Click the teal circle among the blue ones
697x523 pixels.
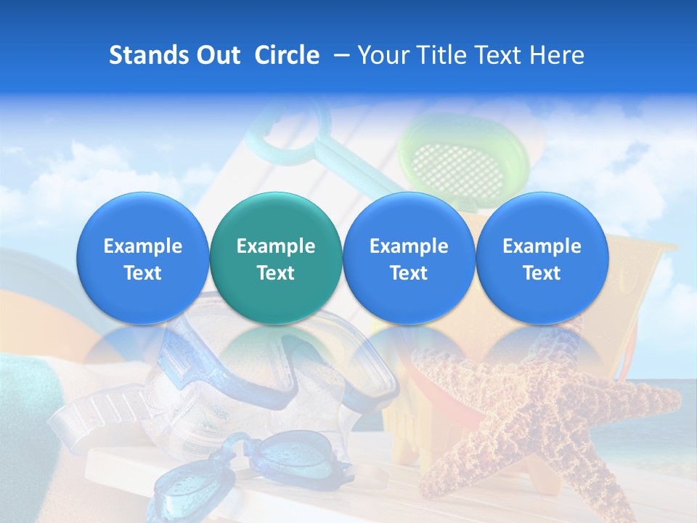point(275,259)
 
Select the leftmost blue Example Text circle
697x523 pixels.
point(142,259)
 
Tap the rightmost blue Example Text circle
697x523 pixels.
point(542,259)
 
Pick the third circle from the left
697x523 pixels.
point(408,259)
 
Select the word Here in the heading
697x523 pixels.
point(557,55)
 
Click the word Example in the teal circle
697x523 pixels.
point(275,246)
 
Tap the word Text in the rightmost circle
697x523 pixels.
point(542,273)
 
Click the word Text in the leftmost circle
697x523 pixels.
point(142,273)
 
